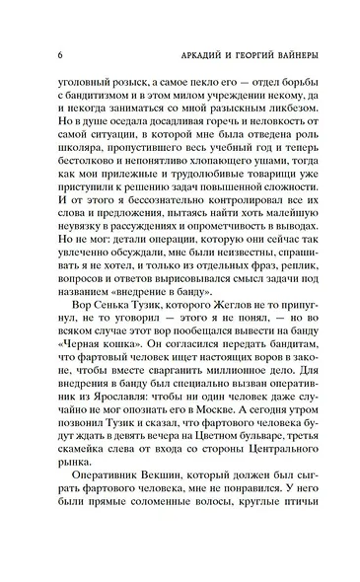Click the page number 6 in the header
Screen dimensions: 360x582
coord(61,52)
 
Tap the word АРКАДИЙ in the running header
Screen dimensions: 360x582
coord(162,52)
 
